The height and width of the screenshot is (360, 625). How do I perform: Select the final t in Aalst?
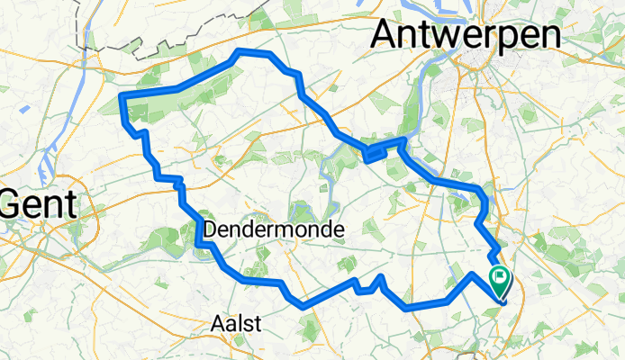click(x=258, y=323)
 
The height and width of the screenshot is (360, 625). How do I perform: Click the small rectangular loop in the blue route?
click(x=376, y=155)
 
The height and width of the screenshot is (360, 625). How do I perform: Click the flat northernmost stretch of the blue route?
click(x=252, y=53)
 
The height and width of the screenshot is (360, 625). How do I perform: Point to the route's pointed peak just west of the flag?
click(x=472, y=273)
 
